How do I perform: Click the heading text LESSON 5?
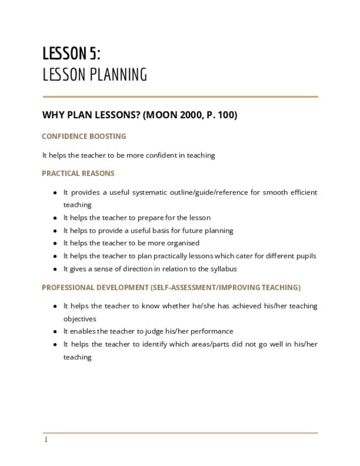tap(71, 54)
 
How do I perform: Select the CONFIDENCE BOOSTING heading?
tap(84, 136)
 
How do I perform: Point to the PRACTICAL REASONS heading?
tap(78, 174)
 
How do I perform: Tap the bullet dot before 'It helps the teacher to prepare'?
tap(55, 218)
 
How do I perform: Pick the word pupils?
tap(305, 256)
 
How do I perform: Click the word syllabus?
tap(223, 269)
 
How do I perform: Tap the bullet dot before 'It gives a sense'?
tap(55, 269)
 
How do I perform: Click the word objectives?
tap(80, 319)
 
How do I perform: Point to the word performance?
tap(211, 331)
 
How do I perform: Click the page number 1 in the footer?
tap(46, 440)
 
